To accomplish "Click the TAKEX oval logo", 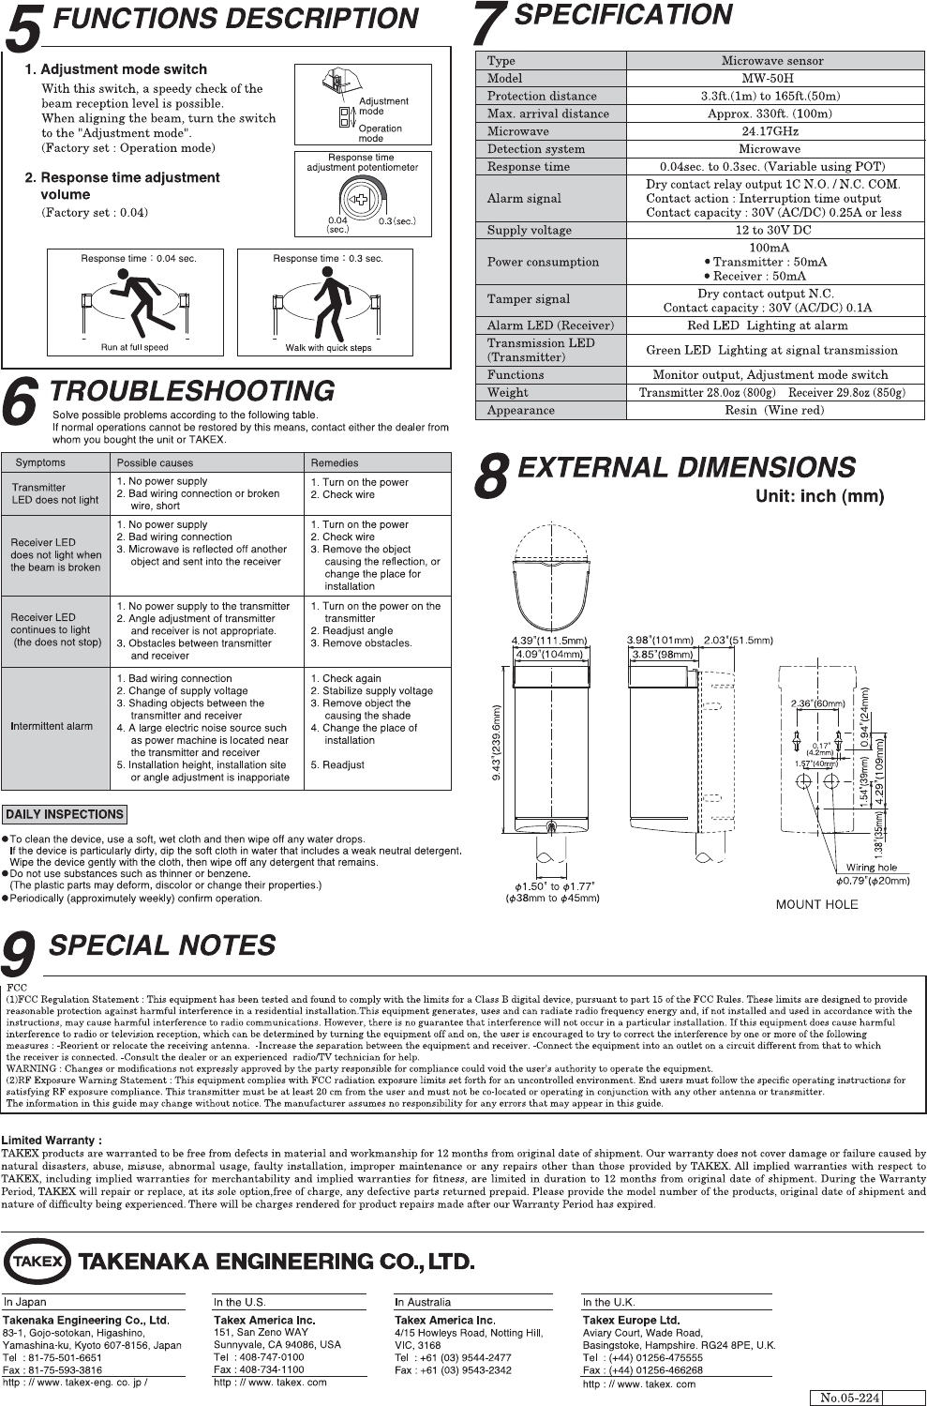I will point(38,1261).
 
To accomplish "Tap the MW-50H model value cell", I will point(773,79).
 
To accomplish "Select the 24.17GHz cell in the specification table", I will point(773,131).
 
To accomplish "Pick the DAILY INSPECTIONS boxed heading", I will point(65,814).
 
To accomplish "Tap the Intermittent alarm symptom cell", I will point(52,726).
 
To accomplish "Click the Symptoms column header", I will point(41,462).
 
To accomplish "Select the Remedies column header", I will point(335,462).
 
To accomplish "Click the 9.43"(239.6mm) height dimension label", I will point(497,742).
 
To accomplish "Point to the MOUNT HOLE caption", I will point(816,904).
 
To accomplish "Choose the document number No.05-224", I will point(850,1398).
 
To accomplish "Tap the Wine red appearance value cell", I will point(773,411).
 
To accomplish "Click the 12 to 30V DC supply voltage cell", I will point(773,230).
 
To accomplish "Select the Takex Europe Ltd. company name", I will point(631,1320).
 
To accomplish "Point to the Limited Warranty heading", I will point(52,1141).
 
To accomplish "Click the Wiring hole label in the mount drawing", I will point(871,868).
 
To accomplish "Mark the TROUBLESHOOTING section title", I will point(191,391).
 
